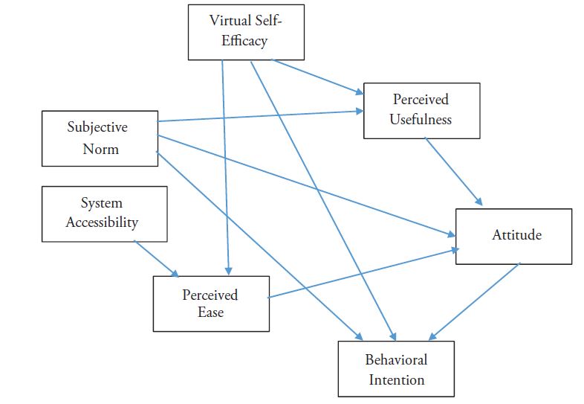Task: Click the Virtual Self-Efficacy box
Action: point(246,31)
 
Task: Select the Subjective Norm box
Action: point(100,138)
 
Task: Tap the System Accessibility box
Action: point(104,214)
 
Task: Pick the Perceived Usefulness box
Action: point(421,109)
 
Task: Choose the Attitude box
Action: point(513,236)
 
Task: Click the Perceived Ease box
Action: point(211,304)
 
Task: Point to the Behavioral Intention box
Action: point(395,369)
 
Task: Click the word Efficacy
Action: point(245,41)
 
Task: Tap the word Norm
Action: point(101,149)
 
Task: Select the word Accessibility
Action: point(103,222)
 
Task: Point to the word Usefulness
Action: point(421,119)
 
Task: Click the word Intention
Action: point(395,379)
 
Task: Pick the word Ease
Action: point(210,312)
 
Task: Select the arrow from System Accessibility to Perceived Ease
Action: point(157,259)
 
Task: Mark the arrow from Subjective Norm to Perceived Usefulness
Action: point(260,116)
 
